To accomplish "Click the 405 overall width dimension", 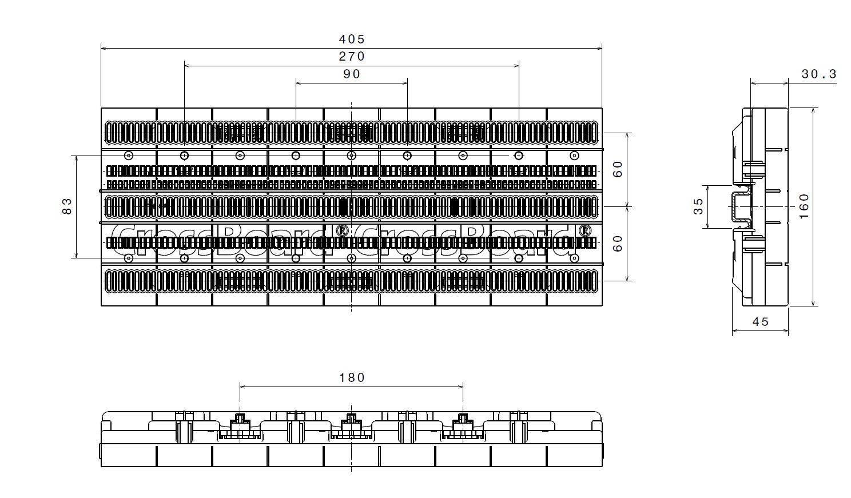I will coord(351,39).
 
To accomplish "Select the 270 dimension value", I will coord(351,57).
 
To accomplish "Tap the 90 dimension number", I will coord(351,74).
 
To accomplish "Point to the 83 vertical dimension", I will coord(67,206).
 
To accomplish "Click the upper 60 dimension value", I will coord(618,169).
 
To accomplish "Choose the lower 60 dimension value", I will coord(618,244).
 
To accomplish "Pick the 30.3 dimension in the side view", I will coord(818,74).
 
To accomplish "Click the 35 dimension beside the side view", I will coord(699,207).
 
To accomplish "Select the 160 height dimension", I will coord(804,206).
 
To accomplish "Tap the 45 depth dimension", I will coord(760,322).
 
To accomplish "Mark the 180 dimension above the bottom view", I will coord(351,377).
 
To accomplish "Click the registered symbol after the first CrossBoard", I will coord(342,231).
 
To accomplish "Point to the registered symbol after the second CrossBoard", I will coord(584,231).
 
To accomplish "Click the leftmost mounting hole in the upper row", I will coord(129,156).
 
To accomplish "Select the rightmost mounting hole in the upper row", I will coord(574,156).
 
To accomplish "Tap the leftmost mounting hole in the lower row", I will coord(129,258).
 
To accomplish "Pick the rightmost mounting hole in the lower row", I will coord(574,258).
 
